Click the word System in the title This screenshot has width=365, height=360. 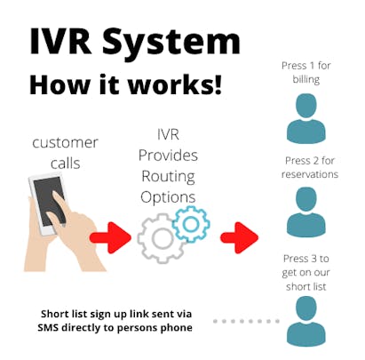(x=171, y=44)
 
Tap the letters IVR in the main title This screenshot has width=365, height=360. (x=60, y=41)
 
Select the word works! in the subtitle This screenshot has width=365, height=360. (x=175, y=84)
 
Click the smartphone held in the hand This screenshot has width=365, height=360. (x=48, y=204)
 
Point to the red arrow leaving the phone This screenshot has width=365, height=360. (x=110, y=237)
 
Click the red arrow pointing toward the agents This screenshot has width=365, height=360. (x=239, y=237)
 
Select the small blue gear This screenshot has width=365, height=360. (x=191, y=224)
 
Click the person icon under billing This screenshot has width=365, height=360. (x=306, y=118)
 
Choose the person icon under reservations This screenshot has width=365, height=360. (x=306, y=212)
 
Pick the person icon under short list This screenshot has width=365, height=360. (x=306, y=321)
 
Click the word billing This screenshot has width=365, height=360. (x=306, y=80)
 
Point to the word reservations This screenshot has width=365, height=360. (x=310, y=174)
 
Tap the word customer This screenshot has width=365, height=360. (x=65, y=143)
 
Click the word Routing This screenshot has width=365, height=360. (x=168, y=177)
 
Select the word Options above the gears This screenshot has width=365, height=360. (x=168, y=197)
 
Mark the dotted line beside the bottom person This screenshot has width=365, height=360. (x=246, y=321)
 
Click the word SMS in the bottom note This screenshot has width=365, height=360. (x=48, y=328)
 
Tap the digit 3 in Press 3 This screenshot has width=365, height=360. (x=313, y=259)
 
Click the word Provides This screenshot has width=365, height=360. (x=168, y=156)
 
